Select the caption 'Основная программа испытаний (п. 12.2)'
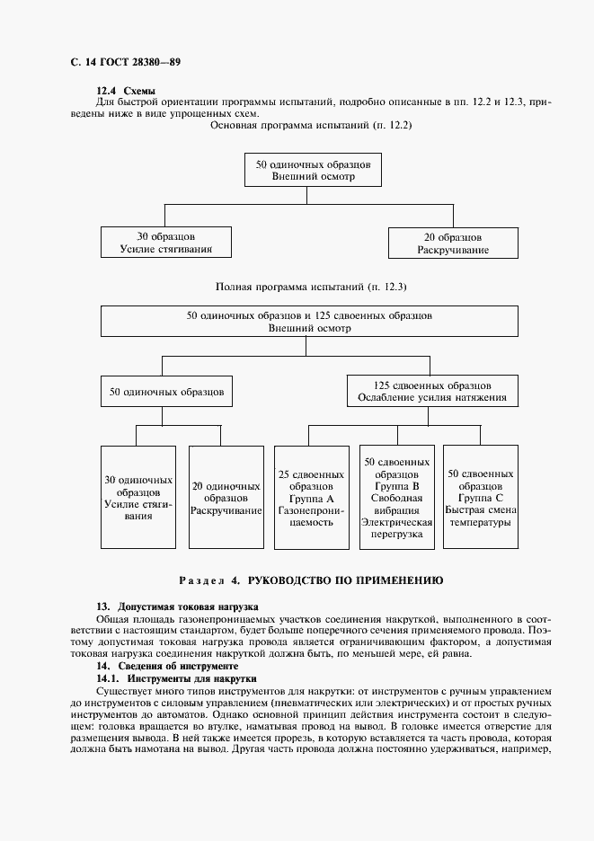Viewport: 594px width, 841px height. tap(310, 125)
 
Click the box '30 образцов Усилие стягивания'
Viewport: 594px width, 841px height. tap(164, 243)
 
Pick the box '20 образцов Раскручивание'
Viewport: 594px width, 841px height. tap(453, 243)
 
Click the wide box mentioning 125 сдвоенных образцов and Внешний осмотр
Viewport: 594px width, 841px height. tap(309, 323)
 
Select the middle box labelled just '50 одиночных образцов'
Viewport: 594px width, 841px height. tap(166, 392)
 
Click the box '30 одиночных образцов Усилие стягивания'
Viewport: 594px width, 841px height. tap(138, 497)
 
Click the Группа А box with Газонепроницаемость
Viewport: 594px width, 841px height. tap(312, 497)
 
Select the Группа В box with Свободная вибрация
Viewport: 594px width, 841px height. tap(396, 497)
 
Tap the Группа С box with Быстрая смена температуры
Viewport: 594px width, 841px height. tap(481, 497)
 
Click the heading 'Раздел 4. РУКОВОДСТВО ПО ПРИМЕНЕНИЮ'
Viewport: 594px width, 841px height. tap(311, 580)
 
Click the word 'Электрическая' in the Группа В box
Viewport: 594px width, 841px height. tap(396, 521)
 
